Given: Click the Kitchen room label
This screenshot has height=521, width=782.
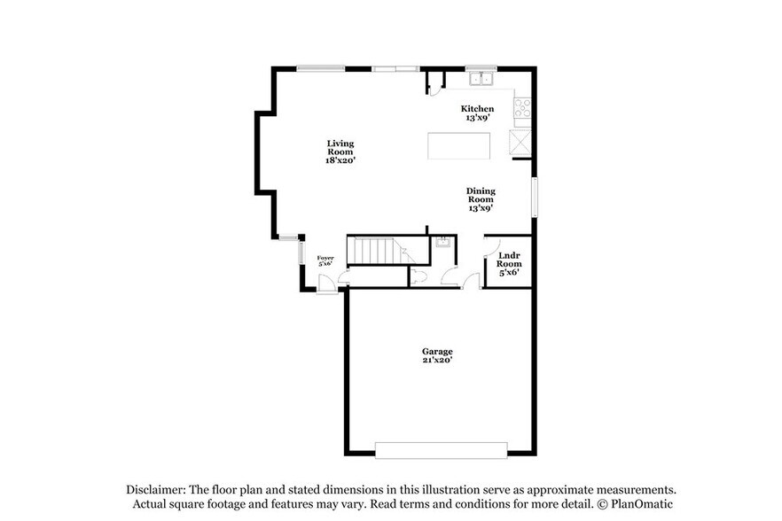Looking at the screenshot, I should (478, 113).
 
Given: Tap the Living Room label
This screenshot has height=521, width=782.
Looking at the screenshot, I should (340, 152).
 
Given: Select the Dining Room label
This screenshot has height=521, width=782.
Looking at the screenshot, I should (481, 199).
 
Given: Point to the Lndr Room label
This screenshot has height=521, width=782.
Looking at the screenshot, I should (508, 263).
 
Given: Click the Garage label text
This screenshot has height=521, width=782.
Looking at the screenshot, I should (437, 355).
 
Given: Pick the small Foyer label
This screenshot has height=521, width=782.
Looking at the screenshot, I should (325, 260).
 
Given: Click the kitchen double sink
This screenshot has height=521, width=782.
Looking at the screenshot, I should (481, 80).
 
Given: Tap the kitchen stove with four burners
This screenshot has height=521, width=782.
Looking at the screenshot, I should (522, 109).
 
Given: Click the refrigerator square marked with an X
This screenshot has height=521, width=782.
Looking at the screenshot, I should (520, 142).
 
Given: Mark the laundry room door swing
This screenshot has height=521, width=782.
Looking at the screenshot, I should (490, 247).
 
